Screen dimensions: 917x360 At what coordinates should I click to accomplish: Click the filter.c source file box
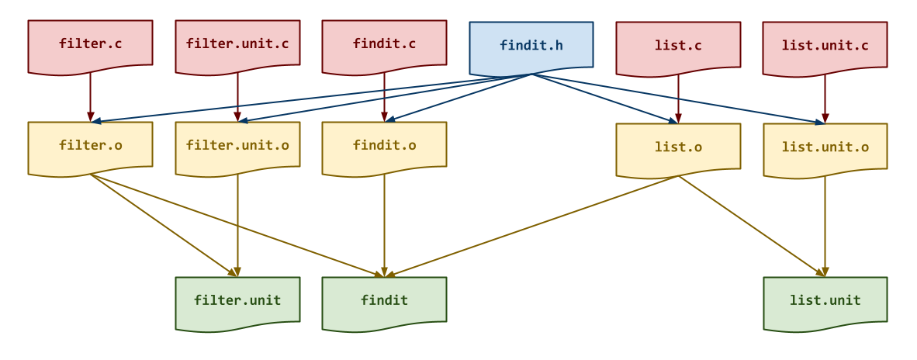tap(90, 46)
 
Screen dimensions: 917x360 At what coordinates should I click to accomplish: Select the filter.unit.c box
tap(237, 46)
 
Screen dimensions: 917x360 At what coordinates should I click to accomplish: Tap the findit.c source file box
tap(384, 46)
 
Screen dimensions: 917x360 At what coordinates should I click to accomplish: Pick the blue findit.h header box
tap(531, 47)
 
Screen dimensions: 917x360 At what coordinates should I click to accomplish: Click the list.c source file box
tap(678, 47)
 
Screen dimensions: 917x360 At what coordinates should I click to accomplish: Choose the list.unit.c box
tap(825, 47)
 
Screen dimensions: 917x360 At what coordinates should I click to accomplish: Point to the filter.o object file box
tap(90, 147)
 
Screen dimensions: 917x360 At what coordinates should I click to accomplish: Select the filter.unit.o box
tap(237, 147)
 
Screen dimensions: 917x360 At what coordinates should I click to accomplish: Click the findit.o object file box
tap(384, 147)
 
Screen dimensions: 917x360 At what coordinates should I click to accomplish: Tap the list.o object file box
tap(678, 148)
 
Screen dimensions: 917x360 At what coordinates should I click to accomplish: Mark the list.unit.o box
tap(825, 148)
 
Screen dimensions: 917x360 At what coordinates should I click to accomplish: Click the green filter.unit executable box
tap(237, 302)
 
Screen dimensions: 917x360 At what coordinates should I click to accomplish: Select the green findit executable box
tap(384, 302)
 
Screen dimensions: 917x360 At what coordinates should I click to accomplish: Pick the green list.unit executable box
tap(825, 302)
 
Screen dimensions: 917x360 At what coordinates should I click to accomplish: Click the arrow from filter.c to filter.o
tap(90, 97)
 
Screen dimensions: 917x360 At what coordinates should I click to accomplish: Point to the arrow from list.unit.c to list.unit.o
tap(825, 99)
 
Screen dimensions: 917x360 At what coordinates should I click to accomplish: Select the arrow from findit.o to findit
tap(384, 226)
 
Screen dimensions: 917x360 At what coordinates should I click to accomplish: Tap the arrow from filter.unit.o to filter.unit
tap(237, 226)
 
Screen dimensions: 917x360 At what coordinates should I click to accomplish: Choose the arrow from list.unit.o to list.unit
tap(825, 227)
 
